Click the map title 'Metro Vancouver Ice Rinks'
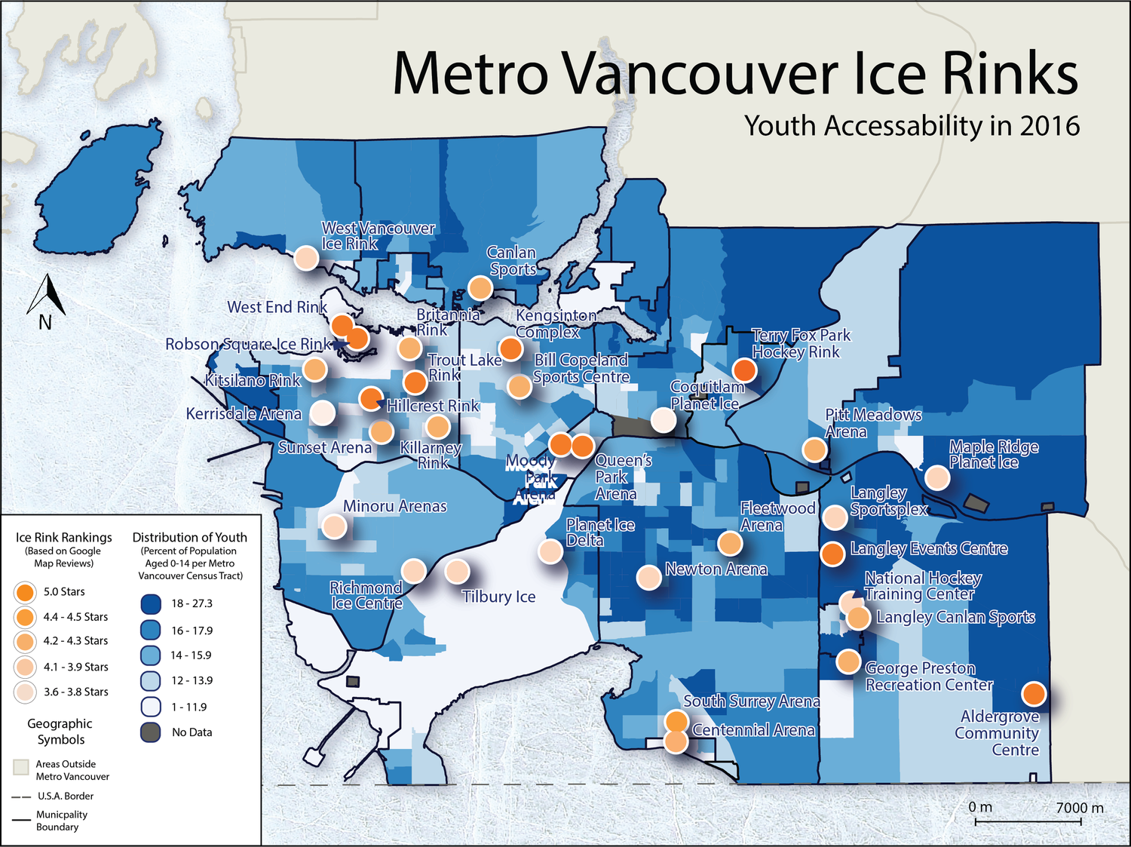(735, 73)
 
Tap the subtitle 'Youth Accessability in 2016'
(912, 126)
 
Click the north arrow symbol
(46, 298)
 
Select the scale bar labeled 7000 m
(1034, 819)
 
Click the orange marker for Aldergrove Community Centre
(1034, 693)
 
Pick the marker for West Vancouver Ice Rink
(305, 258)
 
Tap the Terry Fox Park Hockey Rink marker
(744, 370)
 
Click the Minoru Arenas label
(394, 506)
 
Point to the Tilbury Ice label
(498, 597)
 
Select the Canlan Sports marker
(480, 287)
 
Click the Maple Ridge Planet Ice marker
(936, 477)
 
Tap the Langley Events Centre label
(928, 548)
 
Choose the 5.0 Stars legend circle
(25, 592)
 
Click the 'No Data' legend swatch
(151, 732)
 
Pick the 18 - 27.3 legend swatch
(151, 603)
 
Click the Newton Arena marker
(648, 577)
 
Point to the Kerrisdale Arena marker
(323, 413)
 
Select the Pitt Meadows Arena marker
(814, 450)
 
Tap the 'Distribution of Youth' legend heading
(189, 537)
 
